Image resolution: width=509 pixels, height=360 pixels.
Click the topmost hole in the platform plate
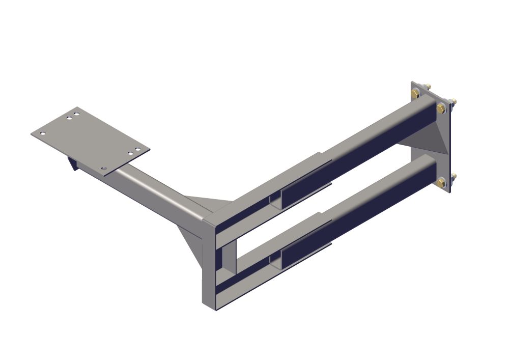tap(76, 110)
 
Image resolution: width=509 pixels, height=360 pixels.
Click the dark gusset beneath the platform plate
tap(72, 164)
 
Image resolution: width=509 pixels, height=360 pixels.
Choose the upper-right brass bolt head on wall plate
tap(441, 107)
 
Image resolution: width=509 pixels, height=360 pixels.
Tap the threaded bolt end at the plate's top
tap(428, 86)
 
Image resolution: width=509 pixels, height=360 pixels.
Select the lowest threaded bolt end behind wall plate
tap(454, 176)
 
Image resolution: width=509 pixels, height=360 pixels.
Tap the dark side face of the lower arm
tap(356, 224)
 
